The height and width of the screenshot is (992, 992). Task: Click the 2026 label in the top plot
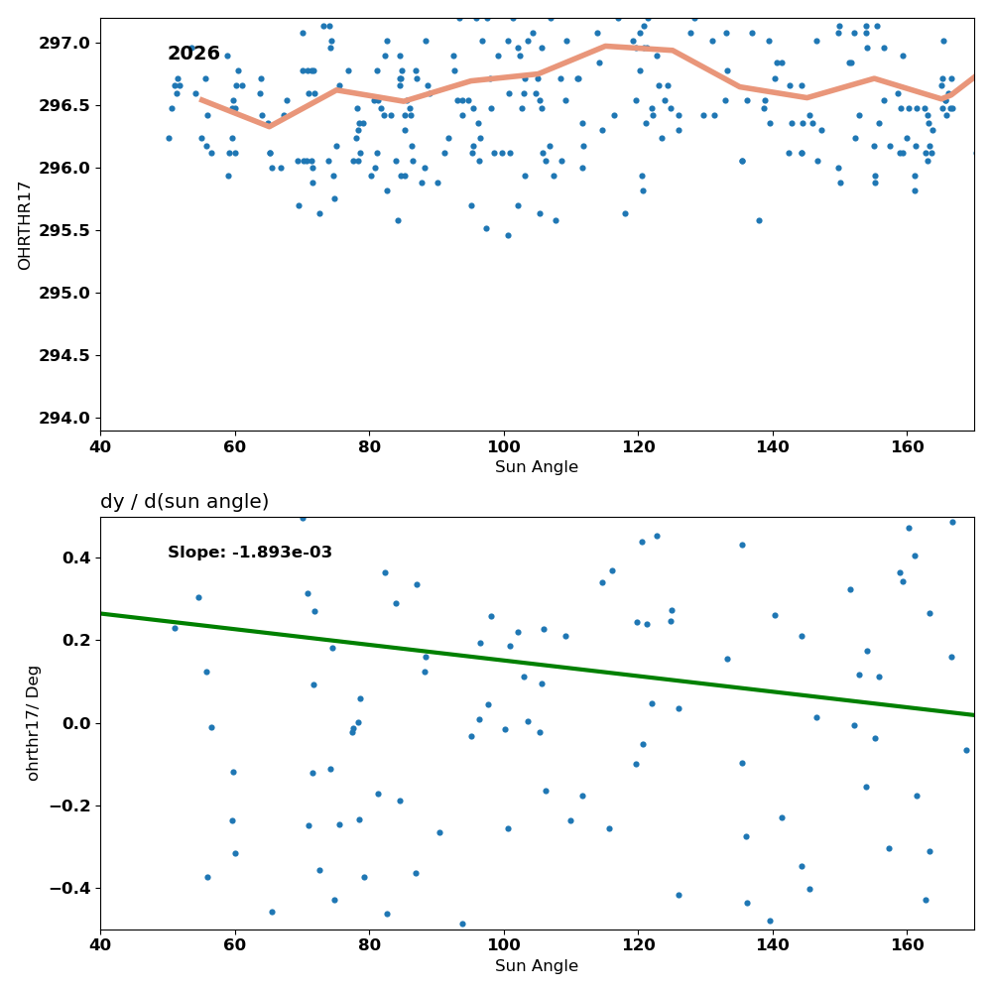click(193, 54)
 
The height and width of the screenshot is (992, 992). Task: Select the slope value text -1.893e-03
click(282, 553)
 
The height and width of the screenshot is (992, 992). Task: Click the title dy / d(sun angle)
click(185, 502)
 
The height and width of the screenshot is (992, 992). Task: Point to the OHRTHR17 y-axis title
click(24, 226)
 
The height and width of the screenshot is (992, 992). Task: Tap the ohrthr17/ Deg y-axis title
click(33, 723)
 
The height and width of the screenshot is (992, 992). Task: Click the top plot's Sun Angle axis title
click(537, 467)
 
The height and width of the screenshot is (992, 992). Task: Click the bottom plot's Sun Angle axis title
click(537, 966)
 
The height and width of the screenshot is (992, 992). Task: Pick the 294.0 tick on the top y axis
click(64, 419)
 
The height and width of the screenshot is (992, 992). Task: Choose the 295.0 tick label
click(64, 293)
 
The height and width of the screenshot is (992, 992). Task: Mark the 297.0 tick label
click(64, 43)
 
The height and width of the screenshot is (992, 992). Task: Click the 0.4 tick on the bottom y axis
click(77, 558)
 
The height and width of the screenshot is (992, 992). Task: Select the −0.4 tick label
click(70, 889)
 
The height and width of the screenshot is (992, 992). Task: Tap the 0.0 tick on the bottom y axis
click(77, 723)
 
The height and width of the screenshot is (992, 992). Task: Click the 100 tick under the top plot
click(504, 446)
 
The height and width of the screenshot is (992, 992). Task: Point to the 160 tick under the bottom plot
click(908, 945)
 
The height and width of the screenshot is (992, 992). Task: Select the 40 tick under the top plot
click(100, 446)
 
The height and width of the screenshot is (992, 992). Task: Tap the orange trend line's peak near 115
click(605, 46)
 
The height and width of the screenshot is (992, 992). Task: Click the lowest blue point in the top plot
click(508, 235)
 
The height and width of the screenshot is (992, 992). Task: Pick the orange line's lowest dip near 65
click(270, 126)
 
